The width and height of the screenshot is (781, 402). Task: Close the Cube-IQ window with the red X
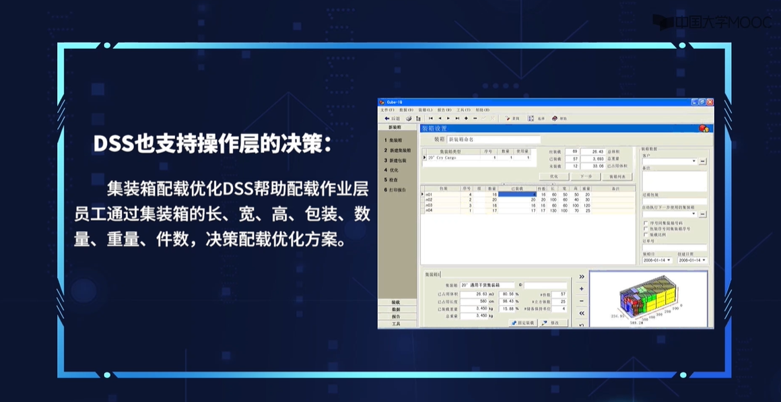pyautogui.click(x=710, y=102)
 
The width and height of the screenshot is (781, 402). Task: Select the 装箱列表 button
pyautogui.click(x=621, y=176)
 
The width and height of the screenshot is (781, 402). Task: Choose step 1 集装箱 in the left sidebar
pyautogui.click(x=395, y=140)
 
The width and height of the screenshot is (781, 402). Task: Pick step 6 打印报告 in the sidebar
pyautogui.click(x=397, y=190)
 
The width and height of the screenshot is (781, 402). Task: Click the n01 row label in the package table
pyautogui.click(x=430, y=195)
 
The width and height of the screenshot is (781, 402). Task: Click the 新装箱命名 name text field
pyautogui.click(x=494, y=139)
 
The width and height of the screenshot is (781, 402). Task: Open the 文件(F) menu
pyautogui.click(x=387, y=109)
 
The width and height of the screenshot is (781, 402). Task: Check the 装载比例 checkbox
pyautogui.click(x=646, y=235)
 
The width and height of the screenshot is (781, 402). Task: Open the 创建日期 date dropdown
pyautogui.click(x=692, y=260)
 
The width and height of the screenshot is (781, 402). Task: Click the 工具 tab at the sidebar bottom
pyautogui.click(x=396, y=324)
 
